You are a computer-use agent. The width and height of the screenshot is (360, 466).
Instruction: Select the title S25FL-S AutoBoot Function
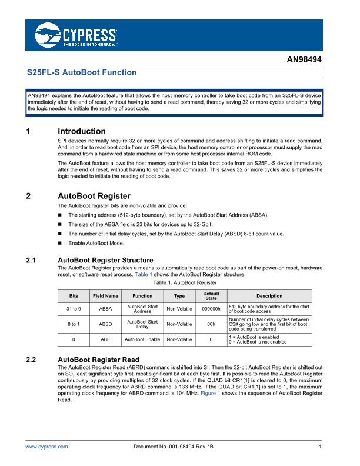coord(82,72)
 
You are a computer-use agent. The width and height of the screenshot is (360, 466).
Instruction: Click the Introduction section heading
coord(82,131)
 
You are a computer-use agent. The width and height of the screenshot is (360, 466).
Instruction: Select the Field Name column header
coord(105,296)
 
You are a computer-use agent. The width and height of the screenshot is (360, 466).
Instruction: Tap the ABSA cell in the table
coord(105,308)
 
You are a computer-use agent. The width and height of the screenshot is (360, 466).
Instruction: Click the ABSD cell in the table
coord(105,324)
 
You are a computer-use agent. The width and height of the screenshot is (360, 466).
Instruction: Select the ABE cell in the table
coord(105,339)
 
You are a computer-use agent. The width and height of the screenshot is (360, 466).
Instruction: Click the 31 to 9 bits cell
coord(73,308)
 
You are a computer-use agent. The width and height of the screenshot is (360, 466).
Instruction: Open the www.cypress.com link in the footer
coord(46,447)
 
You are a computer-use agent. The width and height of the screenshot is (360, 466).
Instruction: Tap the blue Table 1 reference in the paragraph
coord(143,275)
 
